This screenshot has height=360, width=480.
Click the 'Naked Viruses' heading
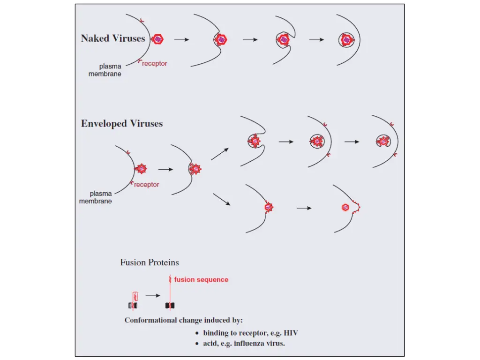(113, 38)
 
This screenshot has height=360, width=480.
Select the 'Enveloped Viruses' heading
(122, 123)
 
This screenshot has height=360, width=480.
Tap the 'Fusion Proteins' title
(150, 262)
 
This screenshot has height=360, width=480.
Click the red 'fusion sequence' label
(201, 279)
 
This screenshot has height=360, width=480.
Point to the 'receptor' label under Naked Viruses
(155, 63)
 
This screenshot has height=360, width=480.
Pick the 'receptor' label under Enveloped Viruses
(147, 185)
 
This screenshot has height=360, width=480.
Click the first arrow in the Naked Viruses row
(182, 39)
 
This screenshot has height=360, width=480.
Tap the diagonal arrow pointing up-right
(220, 154)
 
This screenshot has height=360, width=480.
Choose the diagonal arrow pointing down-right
(222, 199)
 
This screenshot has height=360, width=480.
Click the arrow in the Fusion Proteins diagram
(153, 295)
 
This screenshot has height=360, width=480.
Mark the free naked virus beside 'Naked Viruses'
(157, 39)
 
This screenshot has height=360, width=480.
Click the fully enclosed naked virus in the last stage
(346, 40)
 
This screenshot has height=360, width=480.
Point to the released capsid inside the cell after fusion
(345, 208)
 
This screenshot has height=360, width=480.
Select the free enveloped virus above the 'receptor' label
(141, 169)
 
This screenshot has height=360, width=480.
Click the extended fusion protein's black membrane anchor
(170, 306)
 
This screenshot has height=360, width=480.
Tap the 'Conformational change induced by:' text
(184, 320)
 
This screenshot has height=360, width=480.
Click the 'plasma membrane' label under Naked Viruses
(105, 70)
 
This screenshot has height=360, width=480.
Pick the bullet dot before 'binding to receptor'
(197, 333)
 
